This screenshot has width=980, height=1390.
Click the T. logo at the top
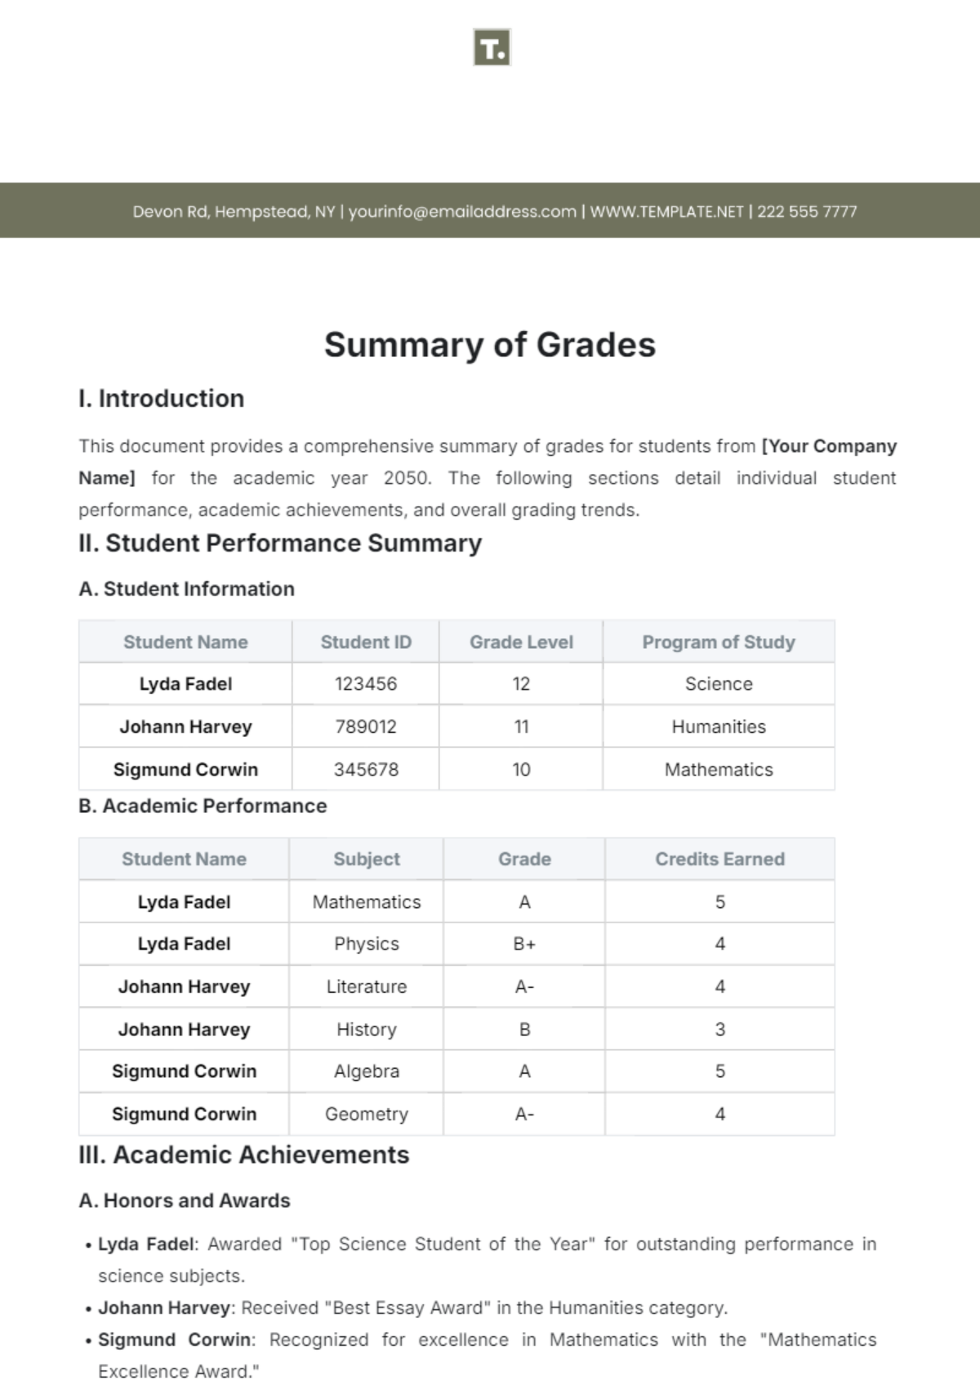click(x=492, y=47)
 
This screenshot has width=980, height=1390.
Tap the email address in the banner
click(x=462, y=212)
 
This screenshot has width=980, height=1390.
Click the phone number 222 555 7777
click(x=807, y=212)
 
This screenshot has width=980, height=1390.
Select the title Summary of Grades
click(x=490, y=345)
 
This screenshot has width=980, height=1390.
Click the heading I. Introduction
click(x=162, y=399)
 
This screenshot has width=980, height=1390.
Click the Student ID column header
click(x=366, y=642)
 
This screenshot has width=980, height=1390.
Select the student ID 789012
click(x=366, y=727)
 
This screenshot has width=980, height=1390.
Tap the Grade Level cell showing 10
click(x=521, y=770)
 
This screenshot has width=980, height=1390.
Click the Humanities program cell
click(x=719, y=727)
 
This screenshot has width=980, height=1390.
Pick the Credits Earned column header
click(x=719, y=860)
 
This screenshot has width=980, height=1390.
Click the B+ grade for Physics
click(x=524, y=945)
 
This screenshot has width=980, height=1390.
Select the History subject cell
click(x=367, y=1030)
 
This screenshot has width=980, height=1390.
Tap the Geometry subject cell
click(x=367, y=1115)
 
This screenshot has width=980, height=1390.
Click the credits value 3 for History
click(x=719, y=1030)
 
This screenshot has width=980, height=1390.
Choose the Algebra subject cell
click(x=367, y=1072)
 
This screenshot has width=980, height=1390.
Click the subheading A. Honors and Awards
click(x=185, y=1201)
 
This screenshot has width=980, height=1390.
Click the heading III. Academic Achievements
click(x=244, y=1155)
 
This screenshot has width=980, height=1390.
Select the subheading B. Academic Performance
click(x=203, y=807)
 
